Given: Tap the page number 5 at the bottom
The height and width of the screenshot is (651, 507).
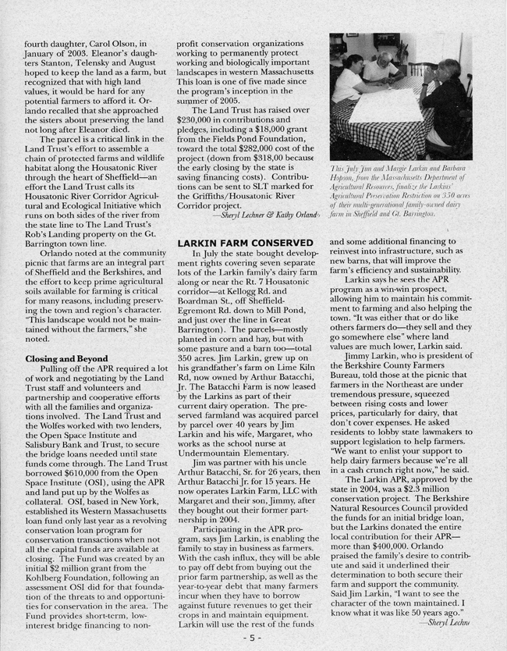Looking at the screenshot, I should click(253, 637).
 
